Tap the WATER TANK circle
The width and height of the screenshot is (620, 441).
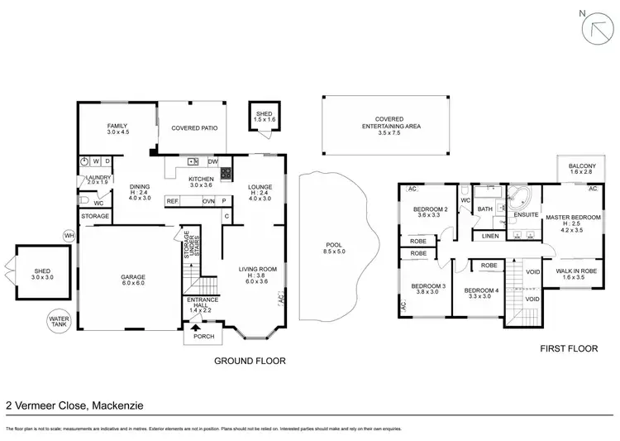click(59, 319)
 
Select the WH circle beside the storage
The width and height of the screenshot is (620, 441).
click(68, 236)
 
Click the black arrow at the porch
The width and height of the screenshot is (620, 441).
click(196, 329)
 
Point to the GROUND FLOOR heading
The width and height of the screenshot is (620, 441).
click(250, 361)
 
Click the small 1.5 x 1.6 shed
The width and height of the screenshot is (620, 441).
click(265, 117)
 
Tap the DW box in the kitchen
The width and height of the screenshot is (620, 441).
click(213, 161)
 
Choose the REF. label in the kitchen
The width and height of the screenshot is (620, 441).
click(173, 201)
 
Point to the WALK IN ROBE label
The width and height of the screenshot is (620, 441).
click(576, 273)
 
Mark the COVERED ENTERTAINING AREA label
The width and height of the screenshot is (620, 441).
click(383, 125)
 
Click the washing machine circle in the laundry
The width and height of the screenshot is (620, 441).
click(85, 161)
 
